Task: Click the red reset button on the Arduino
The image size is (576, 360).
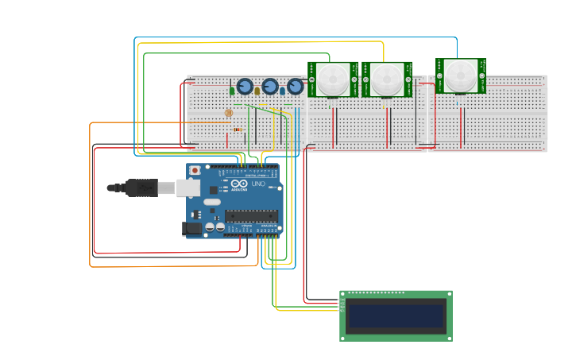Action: (x=195, y=170)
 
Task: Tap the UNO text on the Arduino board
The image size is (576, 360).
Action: (x=258, y=184)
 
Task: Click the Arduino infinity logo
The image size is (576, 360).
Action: (x=239, y=184)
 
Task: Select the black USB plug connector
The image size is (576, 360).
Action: (x=141, y=188)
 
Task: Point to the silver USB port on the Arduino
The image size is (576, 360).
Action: (x=187, y=188)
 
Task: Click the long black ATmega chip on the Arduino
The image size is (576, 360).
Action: (x=251, y=215)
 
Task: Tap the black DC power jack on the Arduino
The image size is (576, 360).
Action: (x=191, y=229)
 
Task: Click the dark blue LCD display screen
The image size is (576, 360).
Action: (x=396, y=315)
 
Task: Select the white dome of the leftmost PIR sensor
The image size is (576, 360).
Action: (x=333, y=78)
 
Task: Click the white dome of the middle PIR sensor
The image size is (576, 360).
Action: (x=387, y=78)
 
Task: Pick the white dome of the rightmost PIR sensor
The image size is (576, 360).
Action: (x=460, y=75)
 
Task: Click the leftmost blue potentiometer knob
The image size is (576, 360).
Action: (x=245, y=86)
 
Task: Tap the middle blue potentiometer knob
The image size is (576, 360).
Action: (x=270, y=86)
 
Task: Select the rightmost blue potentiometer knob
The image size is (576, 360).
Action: (x=296, y=86)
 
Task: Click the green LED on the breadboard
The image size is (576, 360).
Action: (x=231, y=90)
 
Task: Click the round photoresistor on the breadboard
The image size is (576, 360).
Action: (x=229, y=114)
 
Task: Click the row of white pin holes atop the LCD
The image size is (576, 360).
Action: (x=376, y=293)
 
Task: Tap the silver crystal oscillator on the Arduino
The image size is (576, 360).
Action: (x=212, y=202)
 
